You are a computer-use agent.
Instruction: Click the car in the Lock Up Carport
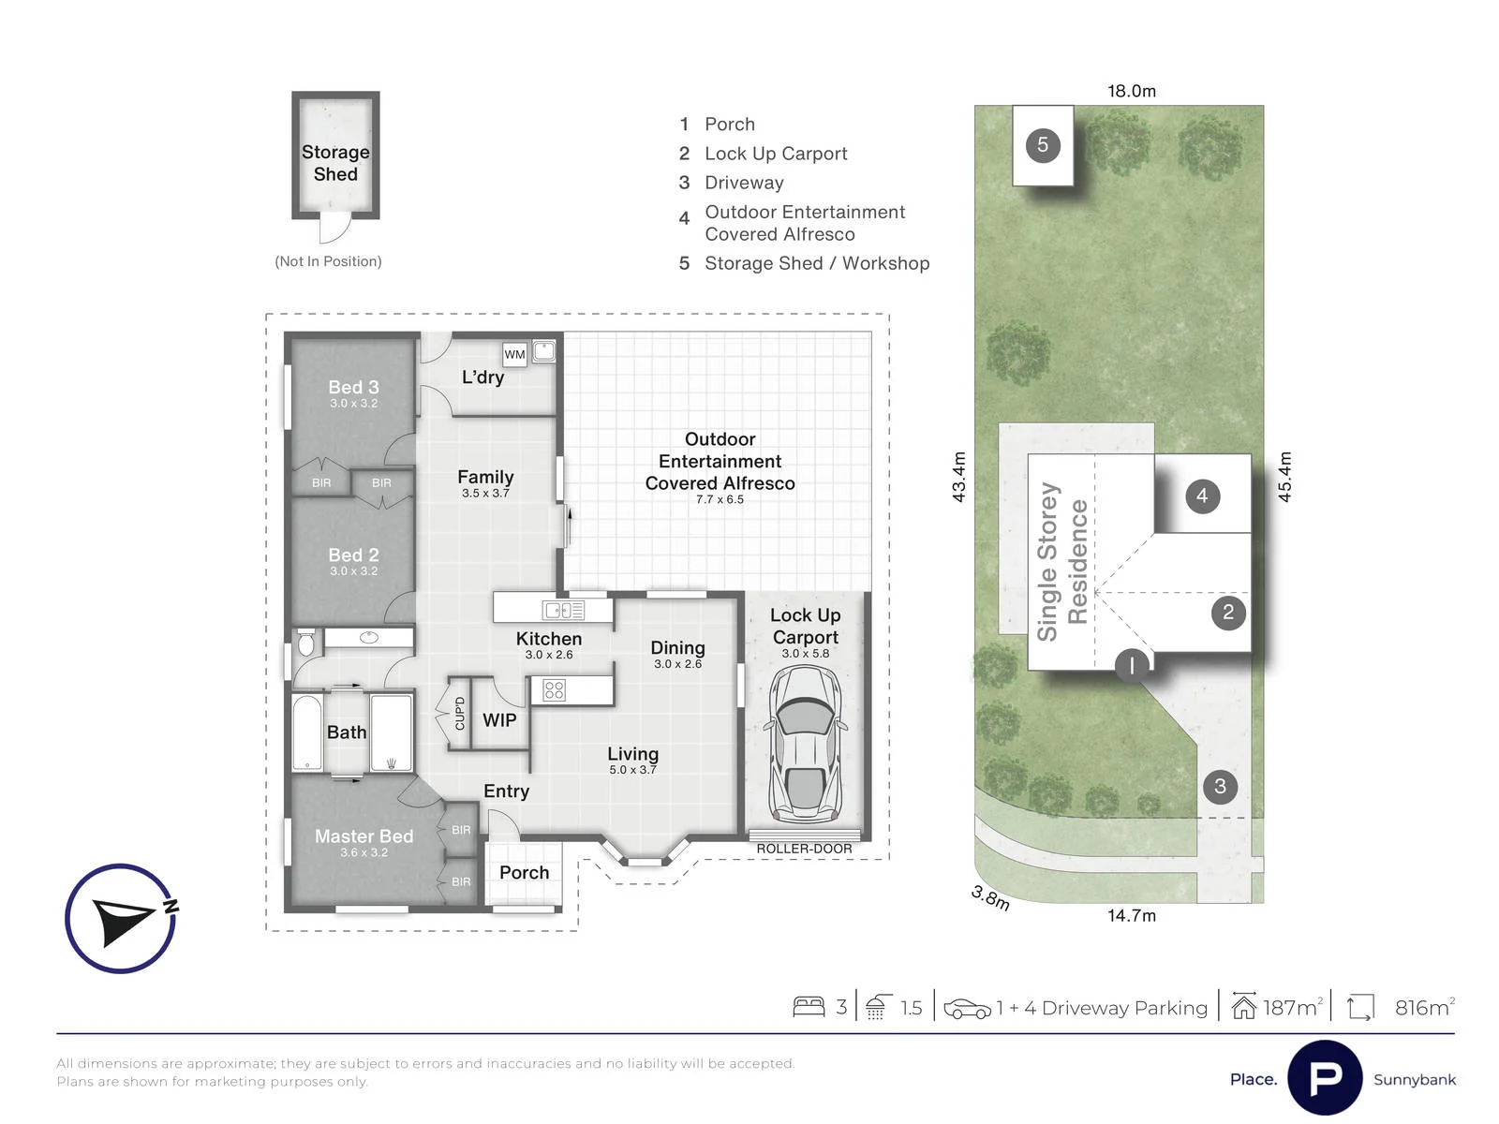pos(805,744)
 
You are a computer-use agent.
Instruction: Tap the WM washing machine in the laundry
pos(514,354)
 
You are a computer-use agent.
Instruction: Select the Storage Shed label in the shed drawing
pos(335,162)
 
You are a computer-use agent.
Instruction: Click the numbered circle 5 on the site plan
pos(1042,144)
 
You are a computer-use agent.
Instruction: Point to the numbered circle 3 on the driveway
pos(1220,786)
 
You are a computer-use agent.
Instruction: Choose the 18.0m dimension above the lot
pos(1132,91)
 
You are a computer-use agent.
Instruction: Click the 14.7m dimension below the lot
pos(1132,915)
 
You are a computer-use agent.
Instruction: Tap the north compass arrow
pos(123,919)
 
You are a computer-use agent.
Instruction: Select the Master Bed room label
pos(364,836)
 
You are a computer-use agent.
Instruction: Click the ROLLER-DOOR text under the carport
pos(805,849)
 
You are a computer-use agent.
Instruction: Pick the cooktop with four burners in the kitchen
pos(554,690)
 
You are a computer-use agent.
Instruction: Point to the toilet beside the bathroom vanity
pos(306,643)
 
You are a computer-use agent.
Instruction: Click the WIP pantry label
pos(499,720)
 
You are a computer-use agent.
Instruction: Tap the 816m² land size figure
pos(1425,1007)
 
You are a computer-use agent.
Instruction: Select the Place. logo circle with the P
pos(1325,1078)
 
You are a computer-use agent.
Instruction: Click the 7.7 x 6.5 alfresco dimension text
pos(720,499)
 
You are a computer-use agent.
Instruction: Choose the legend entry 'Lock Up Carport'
pos(776,154)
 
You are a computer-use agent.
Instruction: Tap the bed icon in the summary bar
pos(809,1007)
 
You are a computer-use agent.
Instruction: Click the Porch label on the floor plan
pos(524,872)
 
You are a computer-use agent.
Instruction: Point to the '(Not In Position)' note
pos(328,261)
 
